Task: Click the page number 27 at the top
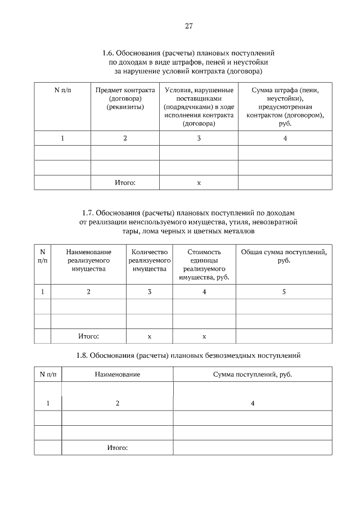pos(188,26)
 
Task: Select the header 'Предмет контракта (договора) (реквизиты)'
pos(125,98)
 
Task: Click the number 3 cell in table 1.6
pos(199,138)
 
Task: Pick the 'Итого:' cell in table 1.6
pos(125,183)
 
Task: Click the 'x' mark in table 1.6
pos(199,183)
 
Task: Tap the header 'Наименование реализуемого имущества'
pos(88,260)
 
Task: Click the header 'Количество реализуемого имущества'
pos(149,260)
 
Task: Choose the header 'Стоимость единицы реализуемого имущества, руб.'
pos(204,264)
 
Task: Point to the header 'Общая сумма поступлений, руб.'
pos(283,256)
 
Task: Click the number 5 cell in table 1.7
pos(283,291)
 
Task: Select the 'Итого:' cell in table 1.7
pos(88,336)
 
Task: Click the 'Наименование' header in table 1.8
pos(117,374)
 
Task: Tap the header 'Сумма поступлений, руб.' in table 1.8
pos(252,374)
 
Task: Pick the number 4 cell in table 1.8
pos(252,403)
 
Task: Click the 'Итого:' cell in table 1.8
pos(117,447)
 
